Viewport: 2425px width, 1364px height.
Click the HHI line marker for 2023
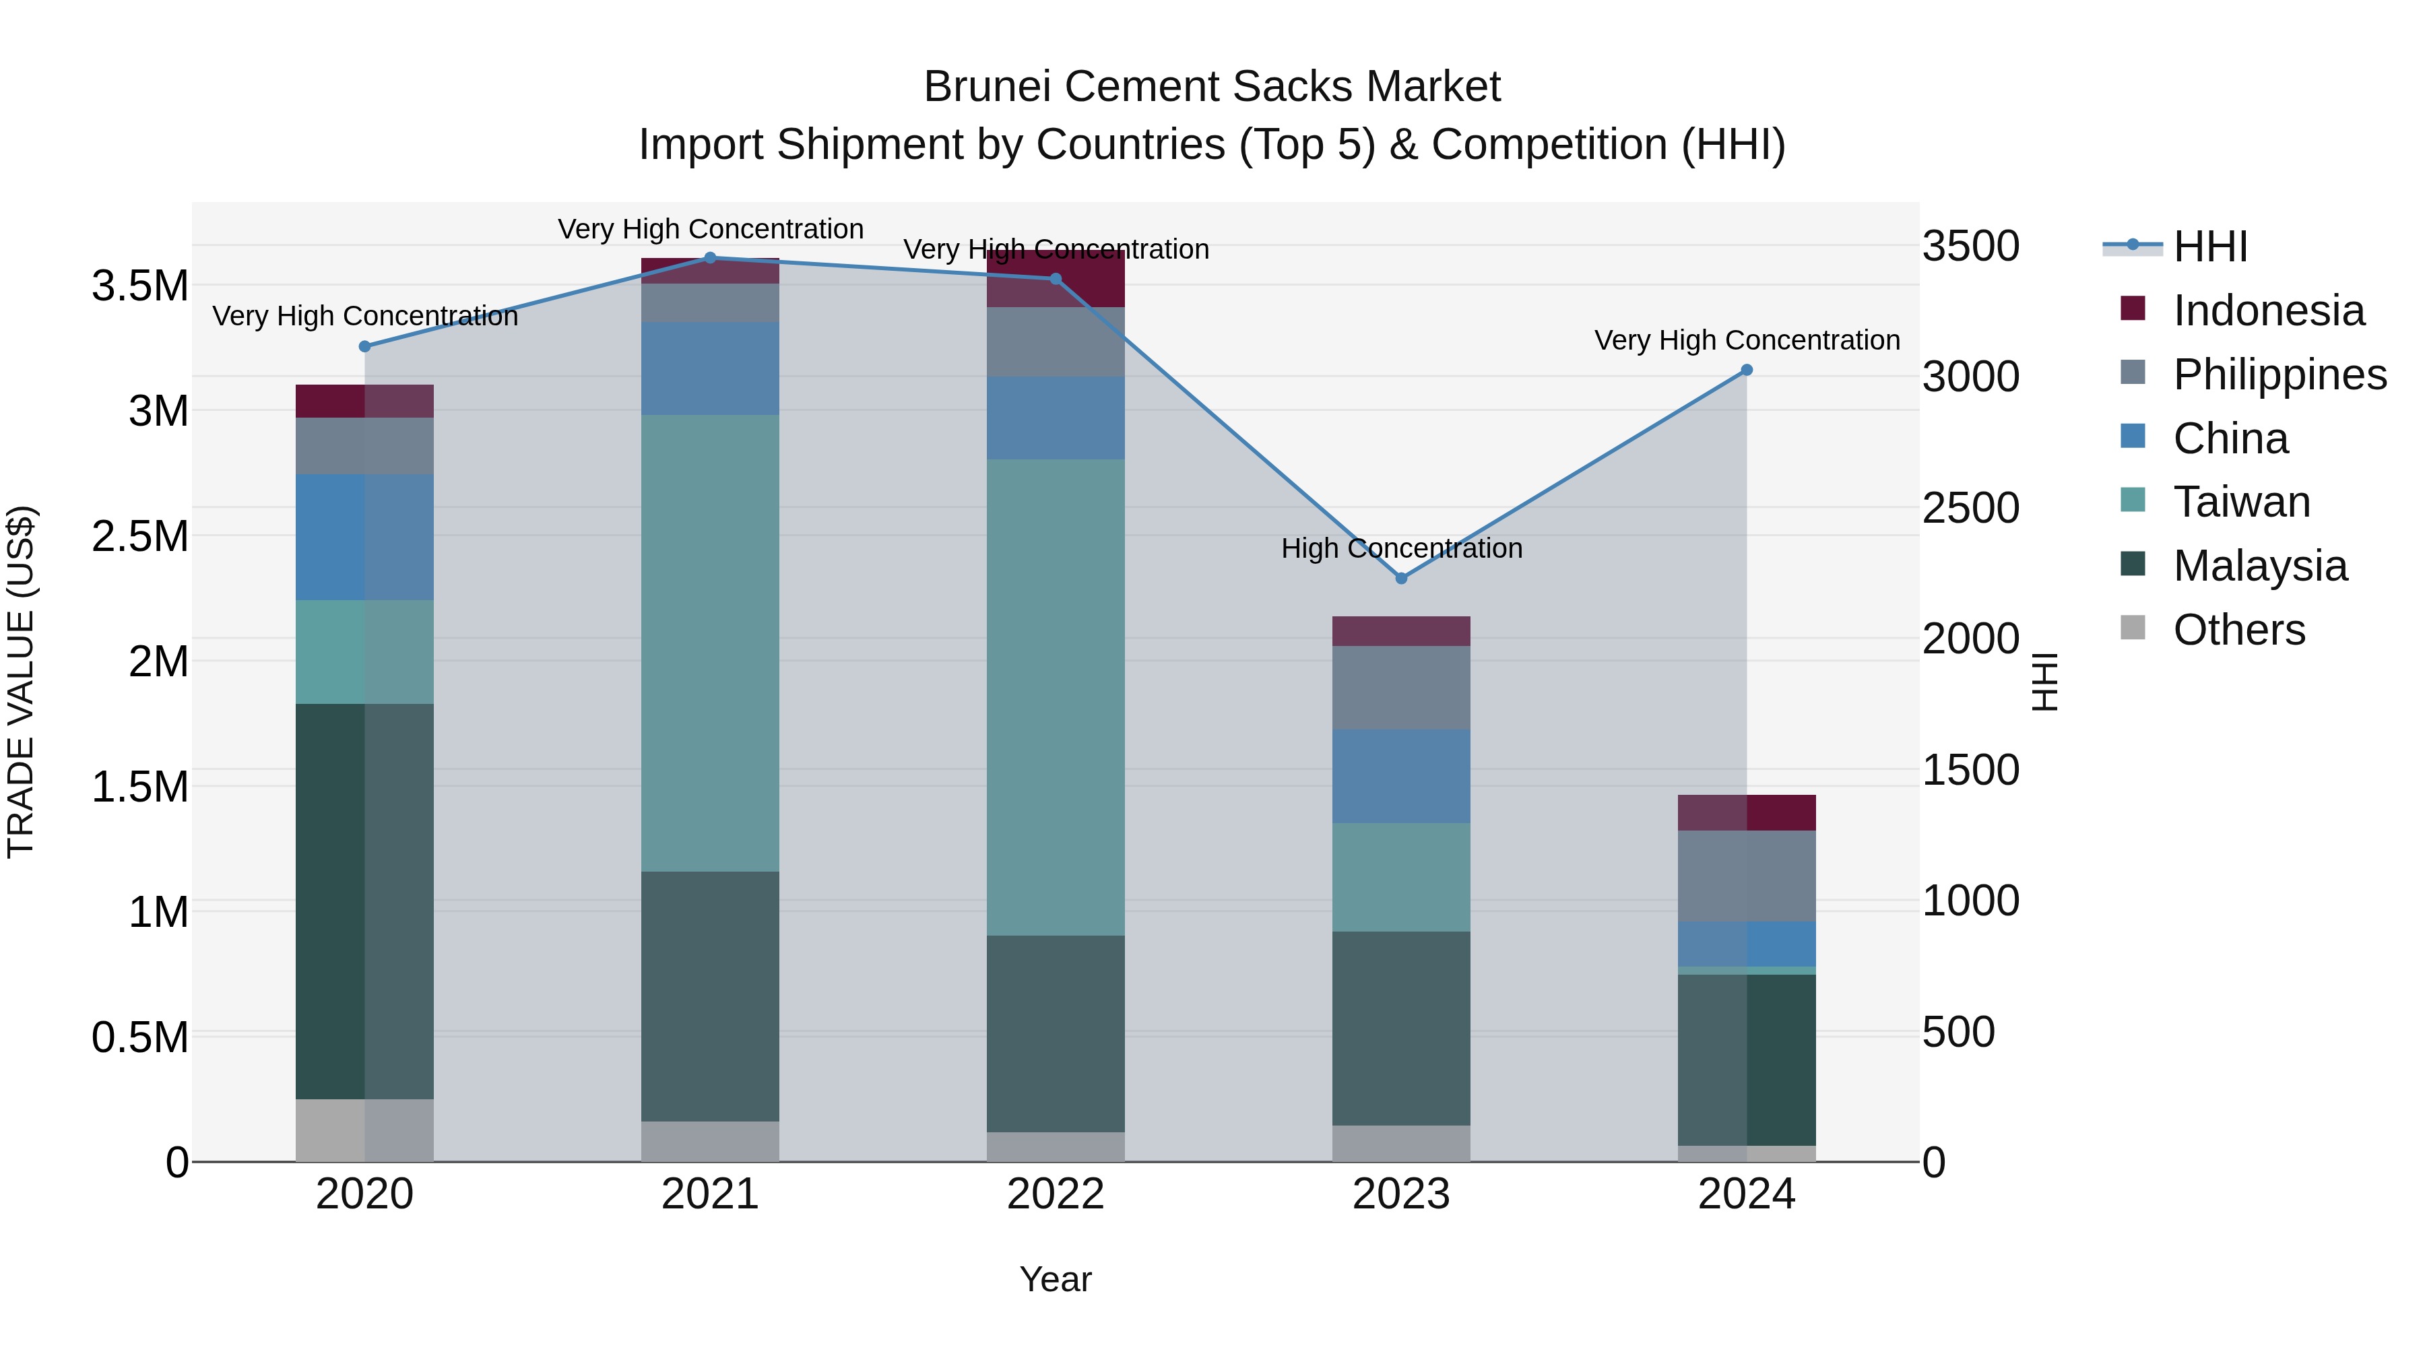(1401, 578)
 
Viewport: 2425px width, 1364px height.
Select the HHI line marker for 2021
(711, 258)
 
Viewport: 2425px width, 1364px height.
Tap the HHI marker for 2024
(1746, 370)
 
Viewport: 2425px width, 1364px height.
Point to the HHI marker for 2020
(365, 346)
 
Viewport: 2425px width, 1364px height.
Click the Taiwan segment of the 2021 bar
(711, 643)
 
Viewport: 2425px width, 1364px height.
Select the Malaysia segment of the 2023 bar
(1401, 1028)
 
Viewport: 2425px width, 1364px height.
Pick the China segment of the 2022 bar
(1056, 418)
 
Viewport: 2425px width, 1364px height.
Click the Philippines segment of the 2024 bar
(1746, 876)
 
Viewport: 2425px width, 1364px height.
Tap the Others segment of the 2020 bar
(365, 1130)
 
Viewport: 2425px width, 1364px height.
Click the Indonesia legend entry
(2269, 311)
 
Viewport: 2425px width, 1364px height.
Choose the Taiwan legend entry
(2241, 502)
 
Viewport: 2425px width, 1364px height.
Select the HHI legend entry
(2209, 247)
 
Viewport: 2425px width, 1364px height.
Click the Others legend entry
(2238, 630)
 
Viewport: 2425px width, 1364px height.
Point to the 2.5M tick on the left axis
(139, 537)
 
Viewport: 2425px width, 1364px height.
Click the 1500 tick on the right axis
(1970, 770)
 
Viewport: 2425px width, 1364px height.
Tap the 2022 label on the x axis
(1056, 1194)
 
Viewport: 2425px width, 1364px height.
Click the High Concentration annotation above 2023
(1401, 548)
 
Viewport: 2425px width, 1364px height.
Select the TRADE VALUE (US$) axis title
(21, 682)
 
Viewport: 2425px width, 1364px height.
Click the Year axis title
(1056, 1279)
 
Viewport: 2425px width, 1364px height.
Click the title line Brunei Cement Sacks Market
(1212, 87)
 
